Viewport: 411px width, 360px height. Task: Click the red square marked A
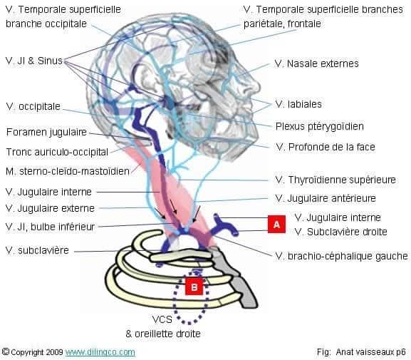tap(276, 224)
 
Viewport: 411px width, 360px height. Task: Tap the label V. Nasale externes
tap(316, 64)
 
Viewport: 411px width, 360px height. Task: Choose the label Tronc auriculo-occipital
tap(57, 152)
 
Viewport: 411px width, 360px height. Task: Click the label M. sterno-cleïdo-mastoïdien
tap(67, 171)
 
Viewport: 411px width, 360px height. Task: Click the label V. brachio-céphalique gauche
tap(342, 255)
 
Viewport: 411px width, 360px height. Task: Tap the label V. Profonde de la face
tap(325, 147)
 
